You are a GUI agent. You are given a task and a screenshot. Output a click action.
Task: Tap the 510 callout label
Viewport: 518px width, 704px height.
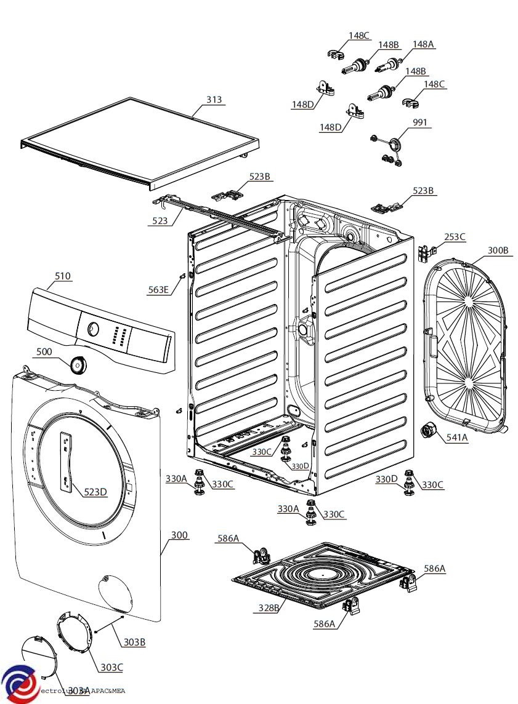click(x=62, y=276)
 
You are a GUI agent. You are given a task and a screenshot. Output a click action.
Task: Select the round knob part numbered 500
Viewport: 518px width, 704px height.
click(x=78, y=365)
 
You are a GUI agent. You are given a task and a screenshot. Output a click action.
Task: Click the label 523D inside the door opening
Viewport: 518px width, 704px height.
click(x=95, y=492)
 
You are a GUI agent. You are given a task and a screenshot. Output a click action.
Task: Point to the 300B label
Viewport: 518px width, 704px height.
click(x=498, y=250)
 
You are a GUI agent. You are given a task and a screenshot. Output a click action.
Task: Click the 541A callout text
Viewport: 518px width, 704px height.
click(x=456, y=438)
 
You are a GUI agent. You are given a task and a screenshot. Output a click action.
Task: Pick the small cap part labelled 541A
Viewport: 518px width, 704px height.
click(x=426, y=431)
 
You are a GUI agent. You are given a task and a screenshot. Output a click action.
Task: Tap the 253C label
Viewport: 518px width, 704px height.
click(x=455, y=237)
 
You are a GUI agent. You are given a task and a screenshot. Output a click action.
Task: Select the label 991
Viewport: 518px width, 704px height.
click(x=419, y=123)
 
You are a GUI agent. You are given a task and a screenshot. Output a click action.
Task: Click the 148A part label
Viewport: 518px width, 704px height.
click(x=423, y=44)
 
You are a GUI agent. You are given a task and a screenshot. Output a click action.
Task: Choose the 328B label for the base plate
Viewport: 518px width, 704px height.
click(x=269, y=608)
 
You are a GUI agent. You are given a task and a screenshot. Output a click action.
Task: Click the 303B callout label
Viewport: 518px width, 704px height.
click(x=134, y=642)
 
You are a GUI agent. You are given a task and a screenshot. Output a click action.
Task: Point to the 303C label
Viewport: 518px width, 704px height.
click(x=111, y=667)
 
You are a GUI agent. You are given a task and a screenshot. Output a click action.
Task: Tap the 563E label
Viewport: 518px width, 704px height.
click(x=158, y=289)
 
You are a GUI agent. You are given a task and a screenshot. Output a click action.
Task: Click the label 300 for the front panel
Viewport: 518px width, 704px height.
click(x=179, y=535)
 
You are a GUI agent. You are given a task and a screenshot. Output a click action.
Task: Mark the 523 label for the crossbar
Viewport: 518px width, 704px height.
click(x=160, y=220)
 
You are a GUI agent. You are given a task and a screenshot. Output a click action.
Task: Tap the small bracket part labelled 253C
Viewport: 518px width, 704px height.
click(x=425, y=252)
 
